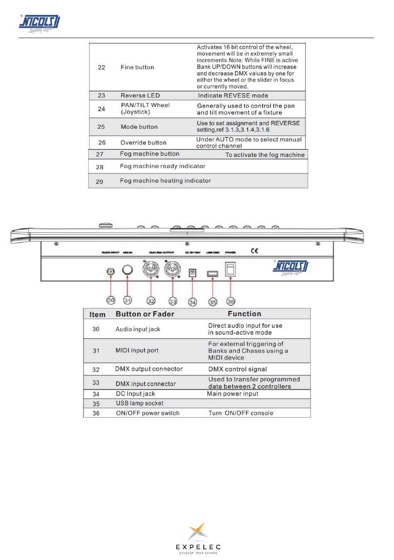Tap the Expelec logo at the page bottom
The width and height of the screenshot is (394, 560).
(198, 537)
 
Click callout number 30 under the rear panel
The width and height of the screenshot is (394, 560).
(111, 300)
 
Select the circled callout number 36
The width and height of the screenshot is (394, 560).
(231, 302)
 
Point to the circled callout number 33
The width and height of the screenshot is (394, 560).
(173, 302)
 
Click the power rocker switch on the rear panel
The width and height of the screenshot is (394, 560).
(230, 270)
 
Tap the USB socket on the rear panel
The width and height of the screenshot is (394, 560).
(212, 274)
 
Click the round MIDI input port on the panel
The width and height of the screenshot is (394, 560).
(128, 270)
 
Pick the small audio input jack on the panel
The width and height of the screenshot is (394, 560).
(111, 271)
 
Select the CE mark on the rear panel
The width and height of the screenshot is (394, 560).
(254, 251)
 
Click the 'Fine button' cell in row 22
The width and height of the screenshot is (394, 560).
(137, 67)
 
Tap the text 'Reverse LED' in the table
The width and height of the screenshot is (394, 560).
(140, 95)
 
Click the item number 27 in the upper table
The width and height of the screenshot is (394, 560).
(100, 154)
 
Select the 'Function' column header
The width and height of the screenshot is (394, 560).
(244, 314)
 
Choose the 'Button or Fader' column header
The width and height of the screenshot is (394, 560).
(145, 314)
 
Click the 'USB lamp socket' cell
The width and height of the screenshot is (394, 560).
(139, 403)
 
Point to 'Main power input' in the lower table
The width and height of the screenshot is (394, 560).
(232, 394)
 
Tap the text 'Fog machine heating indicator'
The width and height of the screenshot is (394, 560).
(165, 180)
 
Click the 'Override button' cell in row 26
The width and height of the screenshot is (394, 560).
(143, 142)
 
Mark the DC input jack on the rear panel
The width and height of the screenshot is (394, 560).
(192, 273)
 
